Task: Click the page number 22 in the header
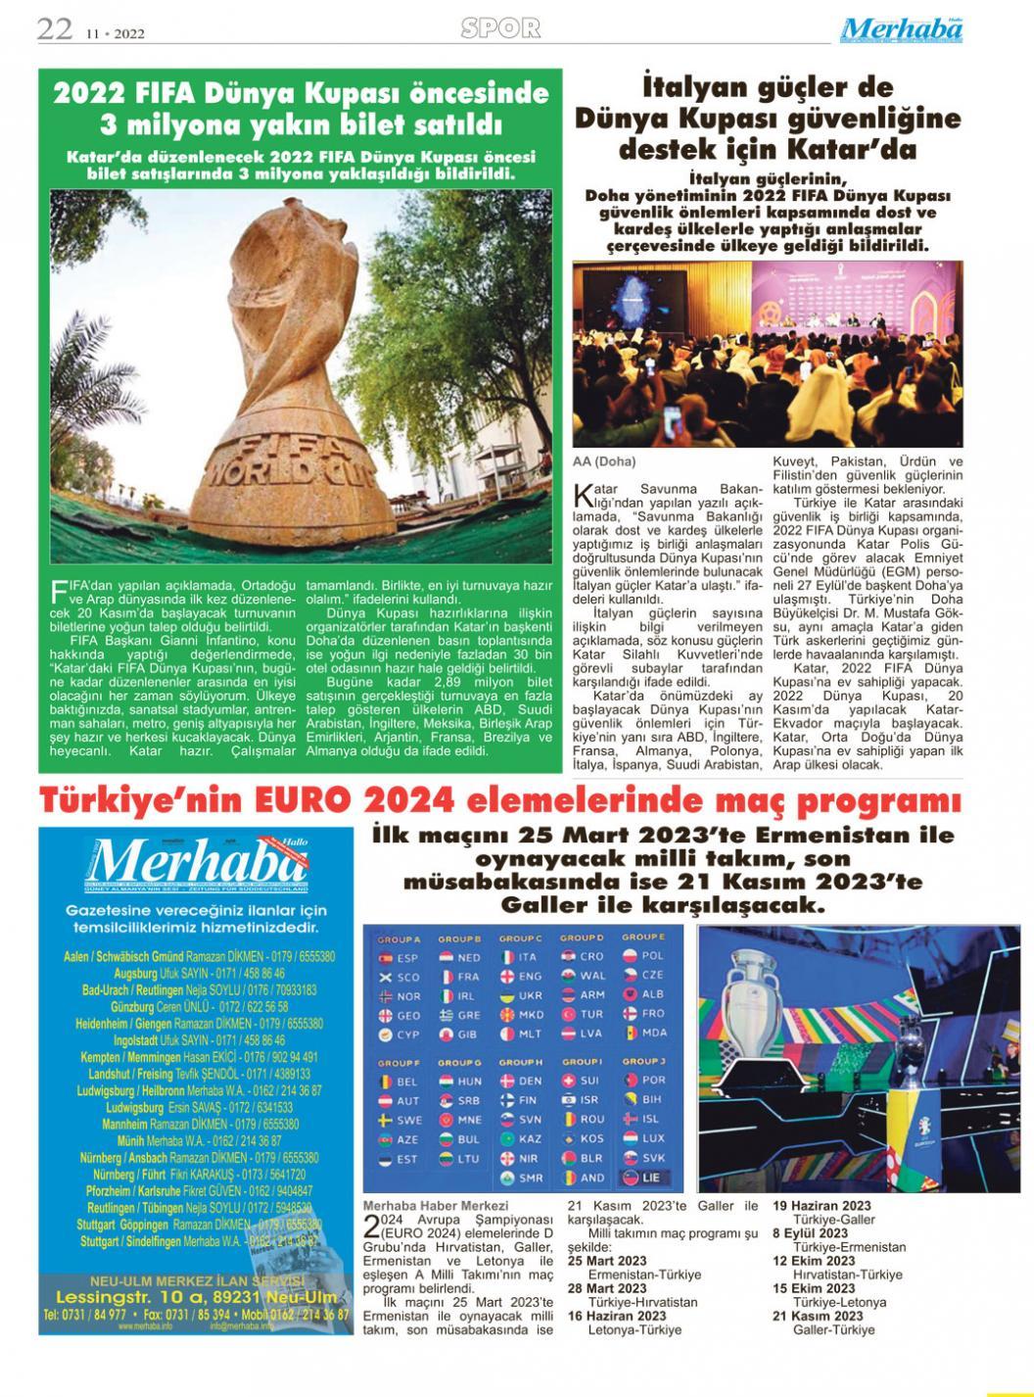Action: point(55,29)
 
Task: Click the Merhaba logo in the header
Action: point(901,29)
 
